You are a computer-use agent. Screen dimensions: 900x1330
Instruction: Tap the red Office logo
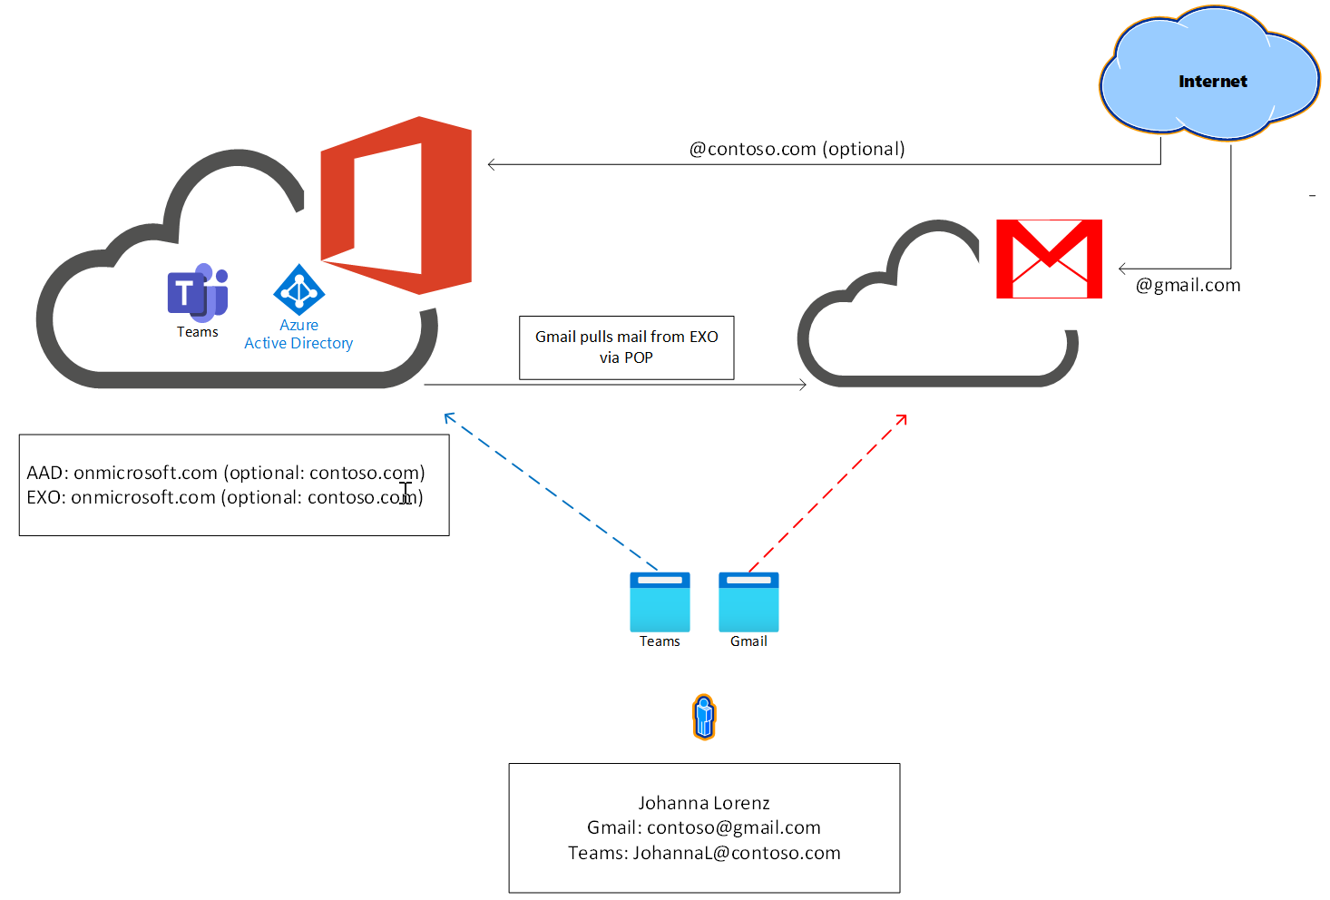(x=396, y=205)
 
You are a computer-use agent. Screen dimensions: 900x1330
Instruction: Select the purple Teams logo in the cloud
(x=198, y=292)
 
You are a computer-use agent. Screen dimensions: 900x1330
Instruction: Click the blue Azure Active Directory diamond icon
(x=298, y=289)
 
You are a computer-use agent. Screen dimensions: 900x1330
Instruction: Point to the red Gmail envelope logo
(x=1049, y=259)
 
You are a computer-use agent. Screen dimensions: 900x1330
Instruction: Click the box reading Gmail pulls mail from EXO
(x=626, y=347)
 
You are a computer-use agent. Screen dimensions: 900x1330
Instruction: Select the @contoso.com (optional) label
(x=797, y=149)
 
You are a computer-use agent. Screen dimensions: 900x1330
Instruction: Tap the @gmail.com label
(x=1188, y=285)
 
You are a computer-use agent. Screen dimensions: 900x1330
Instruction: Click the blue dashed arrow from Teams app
(x=550, y=491)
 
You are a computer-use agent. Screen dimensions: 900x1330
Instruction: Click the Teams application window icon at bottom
(x=660, y=602)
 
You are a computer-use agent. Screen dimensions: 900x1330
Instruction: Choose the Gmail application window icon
(x=748, y=602)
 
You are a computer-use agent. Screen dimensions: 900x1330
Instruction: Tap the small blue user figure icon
(x=704, y=717)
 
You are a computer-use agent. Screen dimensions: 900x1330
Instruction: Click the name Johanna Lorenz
(x=704, y=803)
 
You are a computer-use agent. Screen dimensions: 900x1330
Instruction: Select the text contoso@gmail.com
(x=733, y=827)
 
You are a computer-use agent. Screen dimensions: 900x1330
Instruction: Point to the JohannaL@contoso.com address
(x=736, y=853)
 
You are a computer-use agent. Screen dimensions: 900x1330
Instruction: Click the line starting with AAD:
(x=226, y=473)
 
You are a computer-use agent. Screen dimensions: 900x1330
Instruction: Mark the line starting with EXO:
(x=225, y=497)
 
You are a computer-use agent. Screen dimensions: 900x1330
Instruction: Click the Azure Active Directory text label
(x=298, y=334)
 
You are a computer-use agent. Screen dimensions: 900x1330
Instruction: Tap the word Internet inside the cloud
(x=1212, y=82)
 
